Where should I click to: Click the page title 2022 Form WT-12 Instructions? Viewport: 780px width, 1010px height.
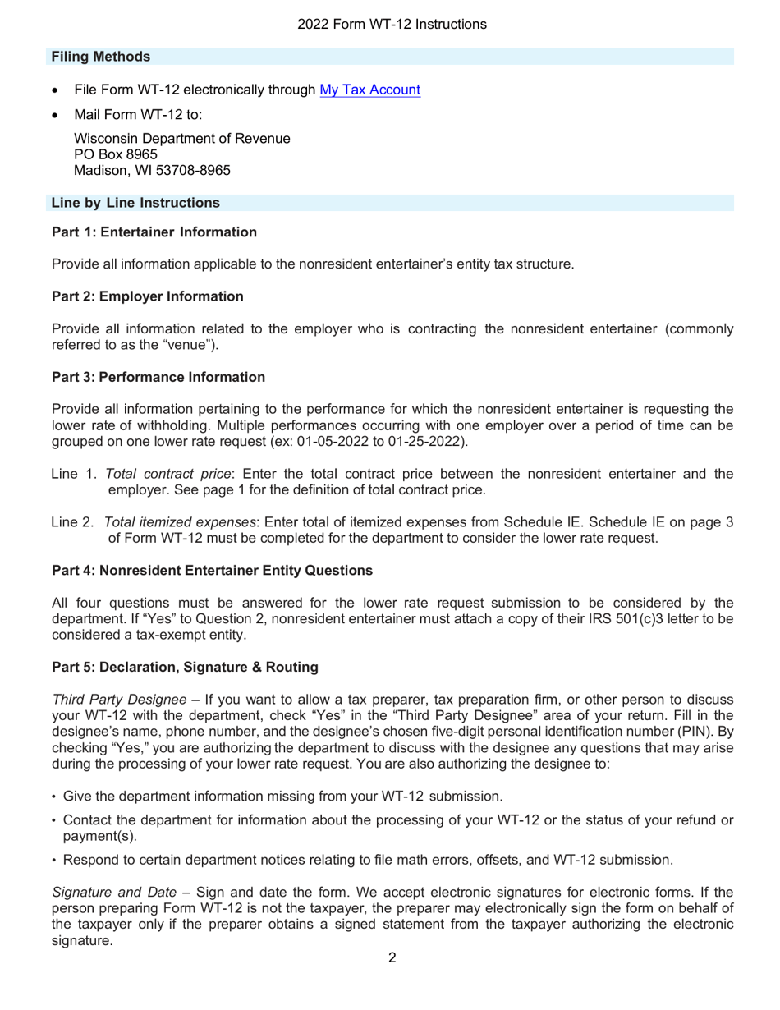click(392, 25)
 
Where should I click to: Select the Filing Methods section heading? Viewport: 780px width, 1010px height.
click(100, 57)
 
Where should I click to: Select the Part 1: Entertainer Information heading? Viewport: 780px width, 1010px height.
click(154, 233)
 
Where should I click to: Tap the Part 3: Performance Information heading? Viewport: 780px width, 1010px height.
click(158, 377)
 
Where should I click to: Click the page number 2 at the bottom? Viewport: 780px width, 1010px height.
click(392, 979)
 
